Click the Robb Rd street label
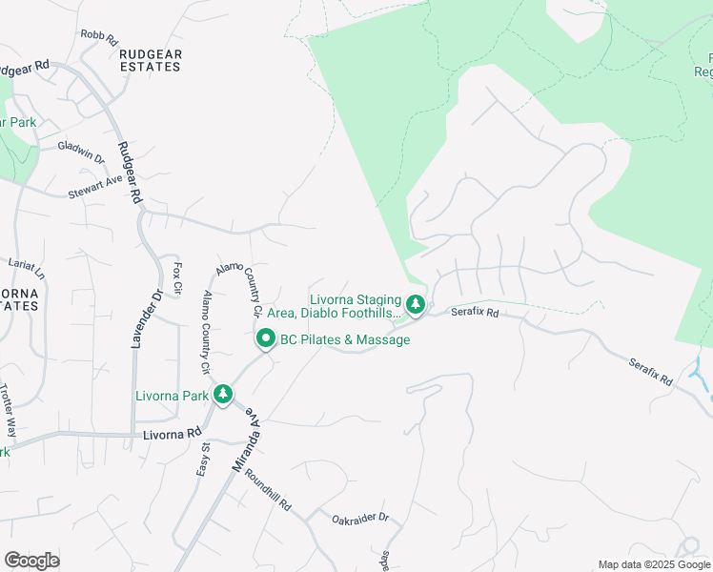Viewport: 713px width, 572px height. (x=98, y=38)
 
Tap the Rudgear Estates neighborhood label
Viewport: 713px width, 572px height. (x=151, y=61)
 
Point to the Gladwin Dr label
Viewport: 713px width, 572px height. (x=80, y=148)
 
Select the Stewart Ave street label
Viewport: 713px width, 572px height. (x=95, y=187)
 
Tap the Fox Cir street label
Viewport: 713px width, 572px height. (x=177, y=277)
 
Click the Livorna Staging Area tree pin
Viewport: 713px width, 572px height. (x=416, y=305)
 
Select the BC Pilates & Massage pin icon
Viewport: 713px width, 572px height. (x=265, y=338)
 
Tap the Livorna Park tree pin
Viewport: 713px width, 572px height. (x=223, y=393)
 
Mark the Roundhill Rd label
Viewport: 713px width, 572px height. (x=267, y=490)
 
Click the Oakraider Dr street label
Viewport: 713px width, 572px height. (x=360, y=519)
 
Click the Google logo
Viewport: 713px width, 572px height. (x=31, y=560)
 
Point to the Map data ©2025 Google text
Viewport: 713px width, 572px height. (x=654, y=564)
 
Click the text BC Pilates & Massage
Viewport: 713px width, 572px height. (x=345, y=339)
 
